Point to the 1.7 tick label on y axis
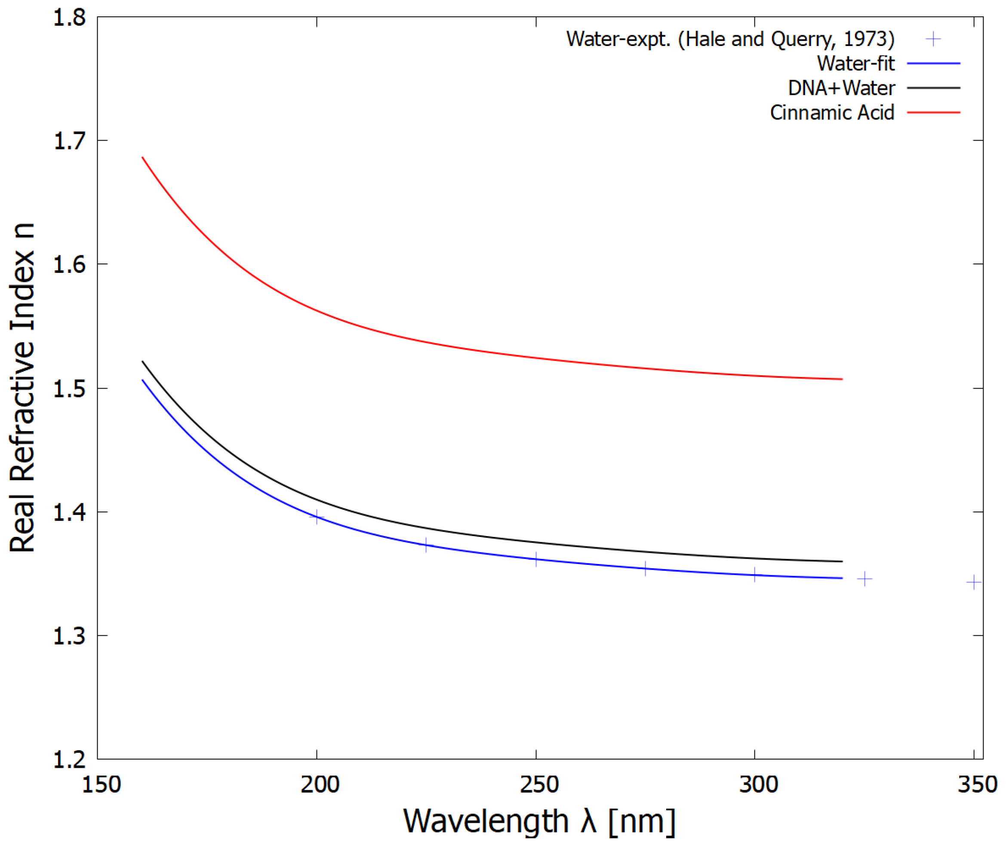69,141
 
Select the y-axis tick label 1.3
69,636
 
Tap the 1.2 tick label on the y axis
69,760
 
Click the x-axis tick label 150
101,785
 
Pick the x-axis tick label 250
539,785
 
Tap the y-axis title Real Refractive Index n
23,387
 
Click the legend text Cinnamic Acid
832,113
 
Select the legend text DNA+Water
841,88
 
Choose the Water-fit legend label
856,64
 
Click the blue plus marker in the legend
933,39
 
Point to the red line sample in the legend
933,113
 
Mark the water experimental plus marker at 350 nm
974,582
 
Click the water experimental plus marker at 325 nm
864,579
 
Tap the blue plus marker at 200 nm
317,518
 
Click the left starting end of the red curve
142,157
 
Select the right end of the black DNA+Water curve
841,561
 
